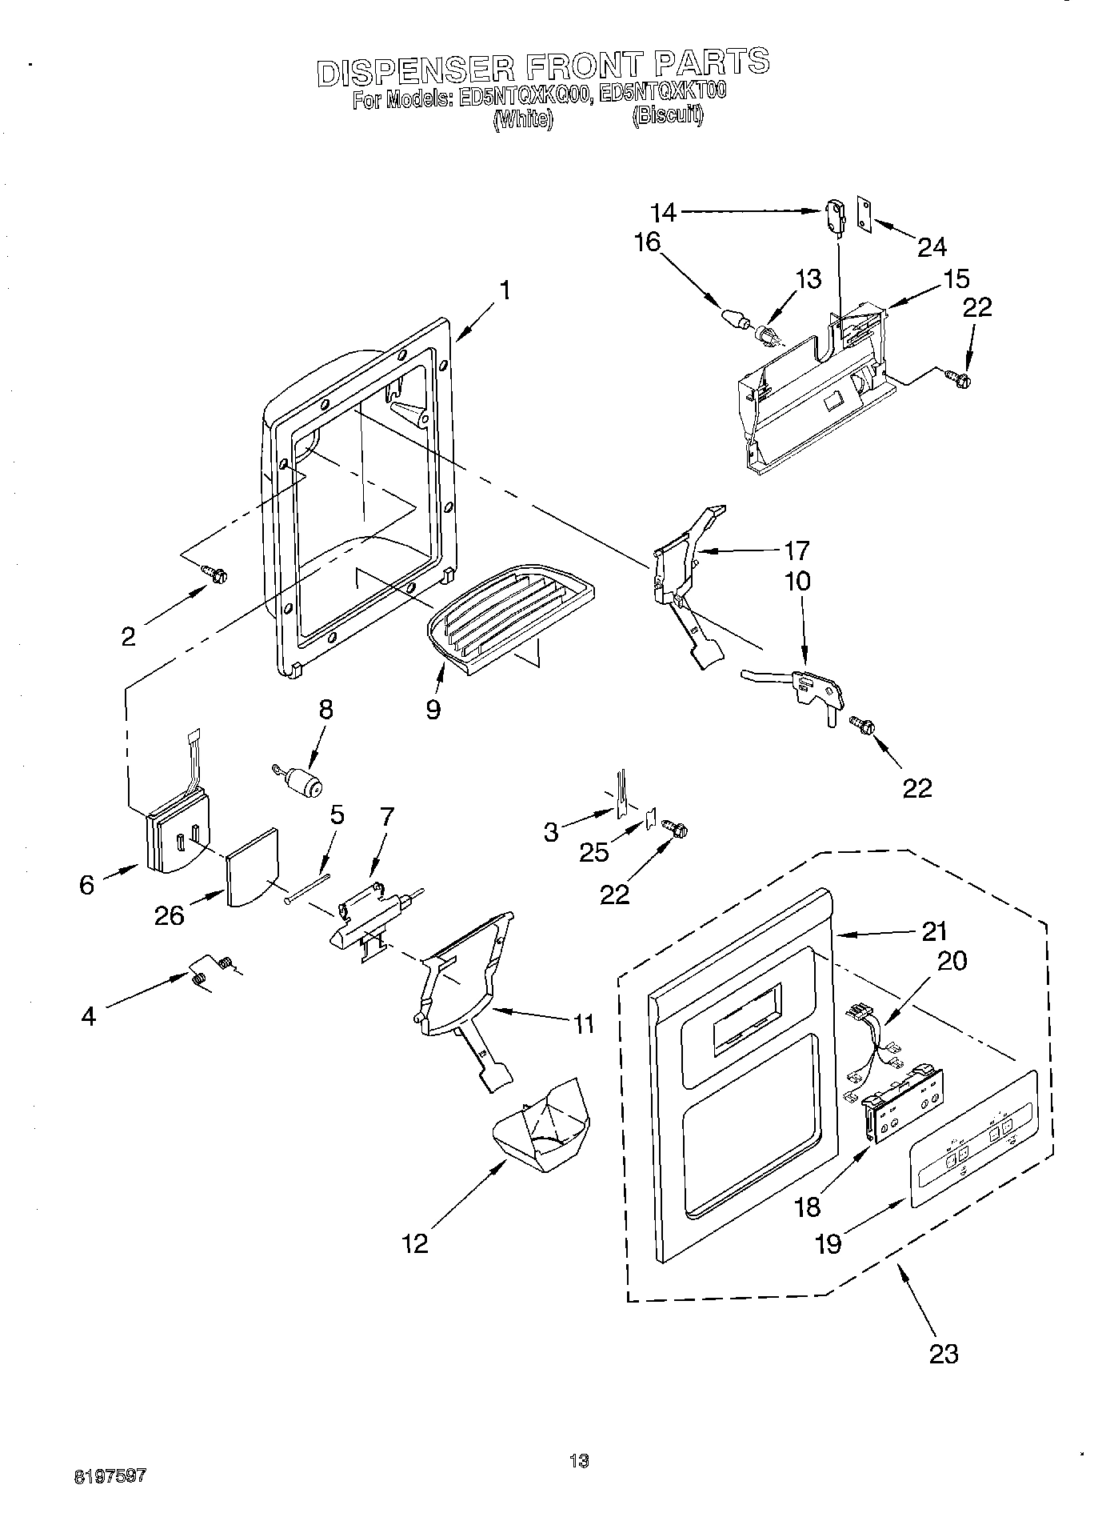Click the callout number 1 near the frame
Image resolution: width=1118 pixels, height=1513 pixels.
(x=505, y=290)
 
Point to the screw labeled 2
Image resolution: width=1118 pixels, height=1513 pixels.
(x=214, y=573)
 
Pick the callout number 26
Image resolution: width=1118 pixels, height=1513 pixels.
(x=170, y=915)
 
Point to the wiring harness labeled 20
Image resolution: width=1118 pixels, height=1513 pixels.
(x=876, y=1043)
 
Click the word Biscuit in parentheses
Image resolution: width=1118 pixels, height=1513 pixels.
(x=668, y=117)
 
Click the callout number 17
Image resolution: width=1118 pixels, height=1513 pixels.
(x=797, y=550)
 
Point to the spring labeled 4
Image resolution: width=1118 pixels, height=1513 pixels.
(x=200, y=976)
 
